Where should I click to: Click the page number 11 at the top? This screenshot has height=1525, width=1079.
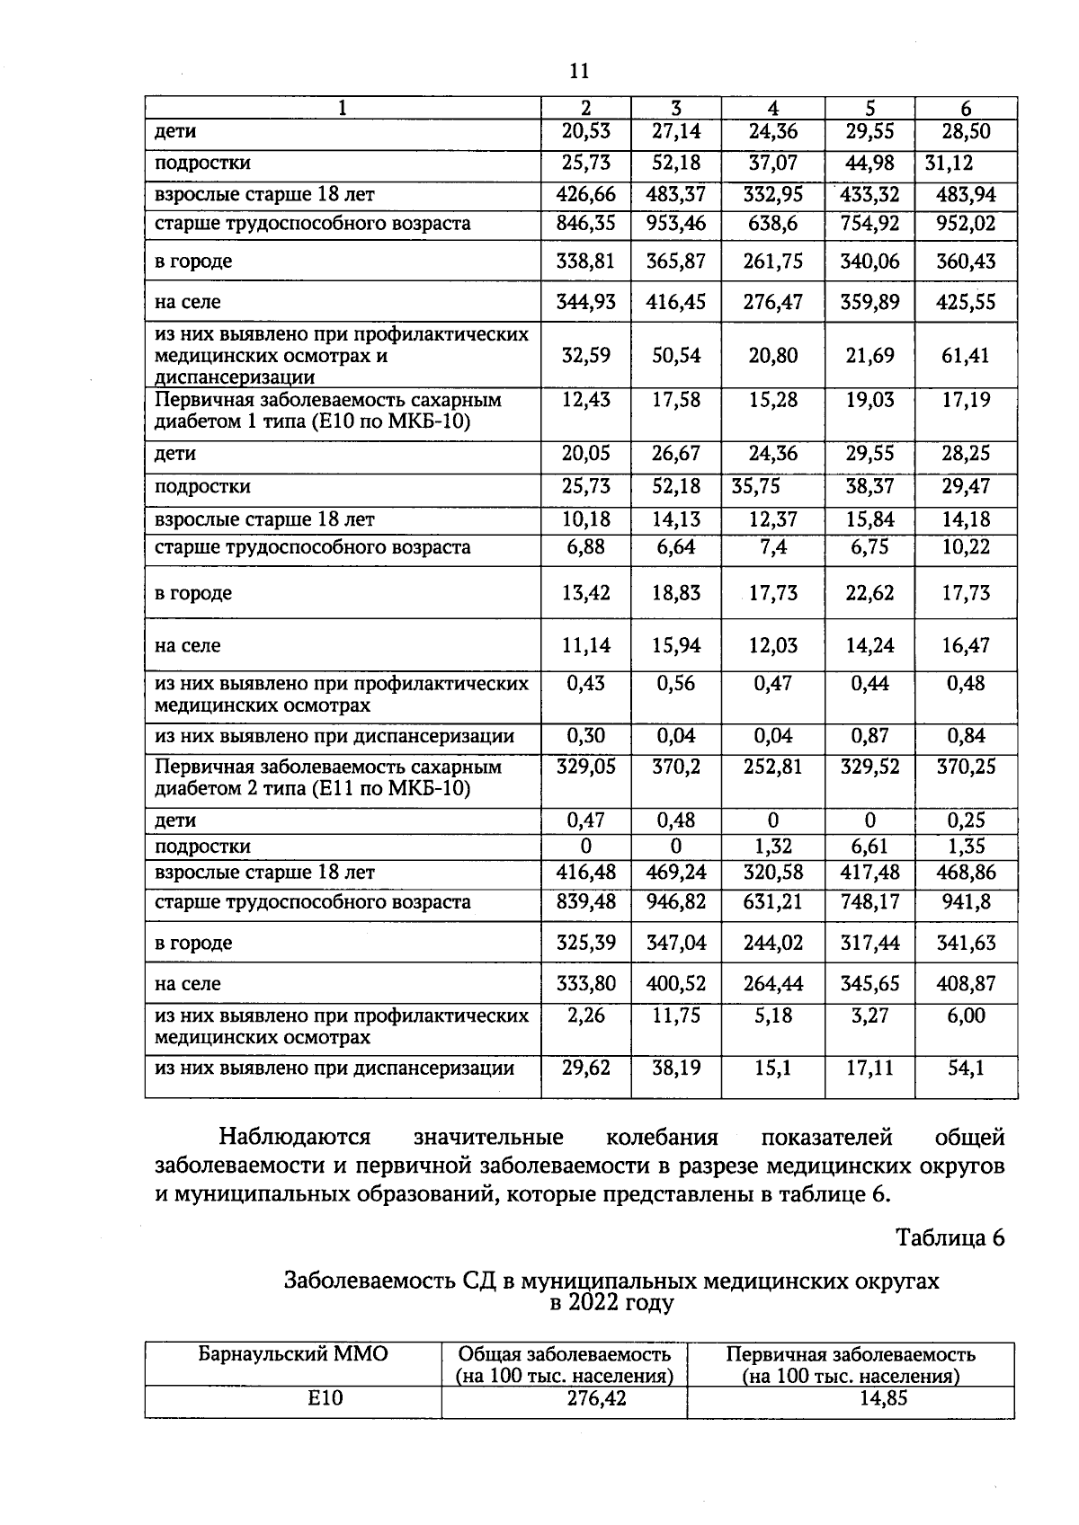point(579,71)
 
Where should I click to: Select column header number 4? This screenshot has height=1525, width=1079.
point(772,108)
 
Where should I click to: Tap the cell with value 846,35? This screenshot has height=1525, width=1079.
point(585,224)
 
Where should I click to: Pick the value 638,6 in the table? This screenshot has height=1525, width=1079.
point(772,224)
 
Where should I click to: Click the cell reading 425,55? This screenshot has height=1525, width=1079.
point(966,302)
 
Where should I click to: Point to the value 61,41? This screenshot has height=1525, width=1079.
point(966,356)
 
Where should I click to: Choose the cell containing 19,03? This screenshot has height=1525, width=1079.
point(869,400)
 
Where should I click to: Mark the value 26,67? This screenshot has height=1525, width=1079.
point(675,454)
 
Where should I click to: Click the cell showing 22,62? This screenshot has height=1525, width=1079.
point(869,593)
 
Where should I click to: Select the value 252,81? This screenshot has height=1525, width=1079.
point(772,767)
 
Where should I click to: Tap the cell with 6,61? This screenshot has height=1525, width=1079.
point(869,847)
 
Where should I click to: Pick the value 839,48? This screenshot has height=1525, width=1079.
point(585,902)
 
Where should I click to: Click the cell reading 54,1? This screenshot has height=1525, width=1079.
point(966,1068)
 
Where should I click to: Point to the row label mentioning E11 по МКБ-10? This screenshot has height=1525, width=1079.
point(313,789)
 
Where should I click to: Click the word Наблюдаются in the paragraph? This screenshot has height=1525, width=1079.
point(295,1138)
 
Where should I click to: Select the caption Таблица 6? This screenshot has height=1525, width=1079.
point(949,1237)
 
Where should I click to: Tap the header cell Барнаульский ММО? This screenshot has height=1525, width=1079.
point(293,1354)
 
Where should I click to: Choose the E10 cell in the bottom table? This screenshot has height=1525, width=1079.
point(293,1398)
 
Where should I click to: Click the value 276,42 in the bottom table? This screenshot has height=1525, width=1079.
point(564,1398)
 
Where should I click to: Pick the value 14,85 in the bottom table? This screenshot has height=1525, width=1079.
point(850,1398)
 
